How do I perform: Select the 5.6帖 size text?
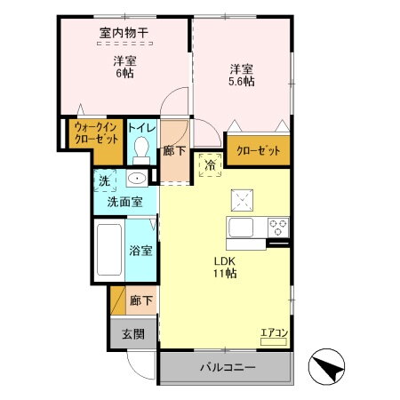click(x=240, y=81)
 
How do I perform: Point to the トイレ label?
click(x=141, y=128)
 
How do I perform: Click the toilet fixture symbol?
click(x=140, y=151)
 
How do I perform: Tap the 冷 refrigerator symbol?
click(x=212, y=164)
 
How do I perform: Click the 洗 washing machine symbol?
click(x=104, y=180)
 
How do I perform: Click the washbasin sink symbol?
click(x=136, y=180)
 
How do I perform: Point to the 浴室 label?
click(x=140, y=252)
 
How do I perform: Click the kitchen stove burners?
click(x=278, y=225)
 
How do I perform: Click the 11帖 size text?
click(x=224, y=276)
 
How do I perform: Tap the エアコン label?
click(x=273, y=334)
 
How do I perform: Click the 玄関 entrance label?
click(x=132, y=334)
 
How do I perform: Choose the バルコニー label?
click(x=227, y=367)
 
